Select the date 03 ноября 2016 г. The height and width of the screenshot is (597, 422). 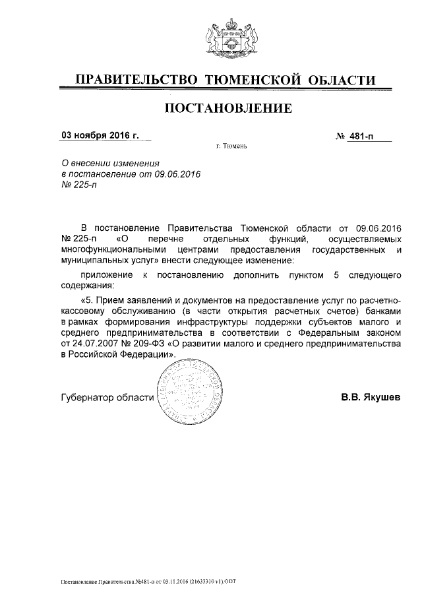tap(100, 136)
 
